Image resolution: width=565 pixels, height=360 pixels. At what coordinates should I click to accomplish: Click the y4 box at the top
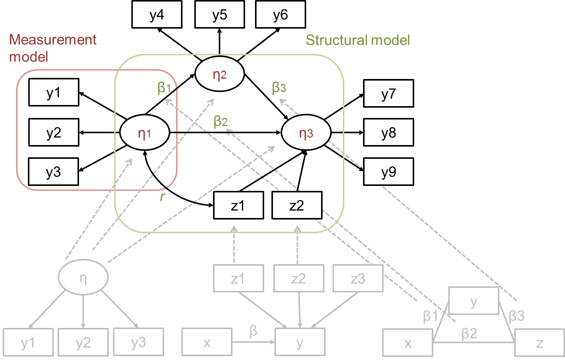pos(157,15)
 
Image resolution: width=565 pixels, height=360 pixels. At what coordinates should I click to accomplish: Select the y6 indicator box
pos(280,15)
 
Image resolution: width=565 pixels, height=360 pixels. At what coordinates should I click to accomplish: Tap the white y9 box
pos(388,172)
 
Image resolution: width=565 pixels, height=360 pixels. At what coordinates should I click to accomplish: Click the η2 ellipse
pos(220,74)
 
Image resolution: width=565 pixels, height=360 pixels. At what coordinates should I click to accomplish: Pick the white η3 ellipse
pos(306,133)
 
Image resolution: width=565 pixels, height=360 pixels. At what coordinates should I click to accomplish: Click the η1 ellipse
pos(144,133)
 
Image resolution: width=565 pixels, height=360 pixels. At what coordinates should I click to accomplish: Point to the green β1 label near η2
pos(164,88)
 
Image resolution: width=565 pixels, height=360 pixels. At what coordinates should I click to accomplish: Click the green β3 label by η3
pos(279,87)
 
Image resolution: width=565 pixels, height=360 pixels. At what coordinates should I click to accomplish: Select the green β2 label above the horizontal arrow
pos(221,121)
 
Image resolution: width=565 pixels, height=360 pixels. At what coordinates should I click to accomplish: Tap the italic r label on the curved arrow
pos(162,196)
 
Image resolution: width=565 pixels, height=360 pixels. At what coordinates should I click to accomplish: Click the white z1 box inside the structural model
pos(238,205)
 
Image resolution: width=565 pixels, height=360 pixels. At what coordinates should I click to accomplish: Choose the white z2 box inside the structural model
pos(297,205)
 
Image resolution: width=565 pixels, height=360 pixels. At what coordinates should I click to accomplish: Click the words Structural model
pos(358,40)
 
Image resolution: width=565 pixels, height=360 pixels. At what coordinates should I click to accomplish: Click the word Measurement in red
pos(53,40)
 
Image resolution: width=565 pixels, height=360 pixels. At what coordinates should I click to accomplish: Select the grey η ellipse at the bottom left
pos(83,278)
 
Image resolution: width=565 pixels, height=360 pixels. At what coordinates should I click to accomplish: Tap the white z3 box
pos(358,278)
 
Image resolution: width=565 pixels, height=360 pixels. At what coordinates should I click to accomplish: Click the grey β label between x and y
pos(253,331)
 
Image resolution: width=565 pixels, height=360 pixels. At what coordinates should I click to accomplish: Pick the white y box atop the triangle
pos(473,301)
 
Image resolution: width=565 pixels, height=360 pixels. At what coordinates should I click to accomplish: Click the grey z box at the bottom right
pos(539,342)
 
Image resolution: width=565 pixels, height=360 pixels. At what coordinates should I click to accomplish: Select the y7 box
pos(388,94)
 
